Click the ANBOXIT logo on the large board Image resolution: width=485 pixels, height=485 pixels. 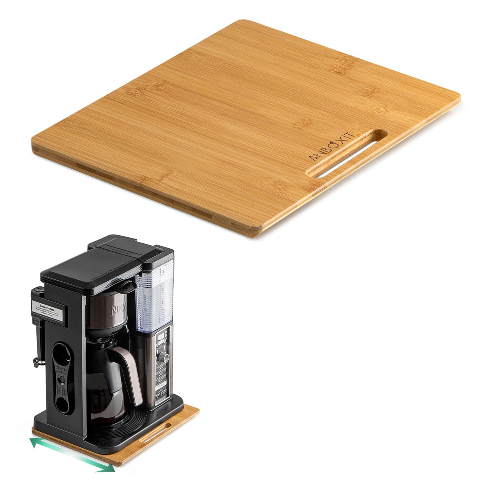coord(332,147)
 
